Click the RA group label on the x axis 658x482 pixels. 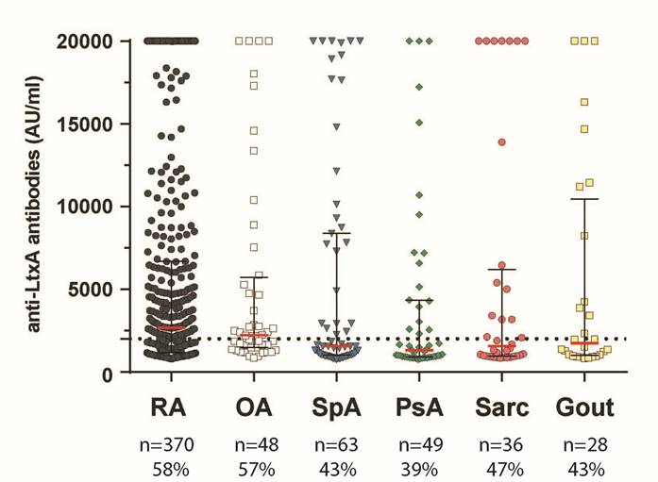[171, 407]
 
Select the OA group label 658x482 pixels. [253, 407]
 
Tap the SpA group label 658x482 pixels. [337, 407]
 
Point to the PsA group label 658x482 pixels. [419, 407]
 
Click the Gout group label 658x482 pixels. [584, 407]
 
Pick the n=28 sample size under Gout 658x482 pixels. [584, 444]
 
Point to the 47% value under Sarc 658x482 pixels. [502, 468]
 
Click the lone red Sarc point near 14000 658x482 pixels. [502, 141]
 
